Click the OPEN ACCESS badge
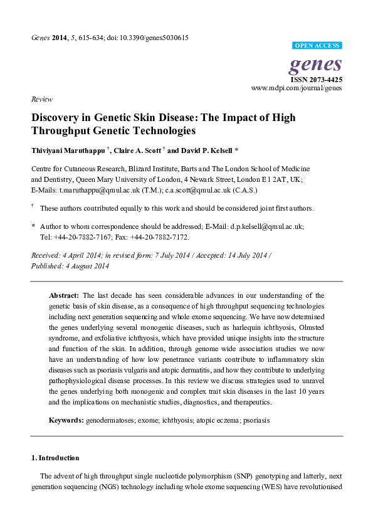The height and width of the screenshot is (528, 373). point(317,46)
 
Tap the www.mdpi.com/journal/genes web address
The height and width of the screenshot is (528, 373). point(297,89)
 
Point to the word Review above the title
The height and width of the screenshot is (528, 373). point(41,99)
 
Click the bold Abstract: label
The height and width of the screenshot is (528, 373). point(64,295)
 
